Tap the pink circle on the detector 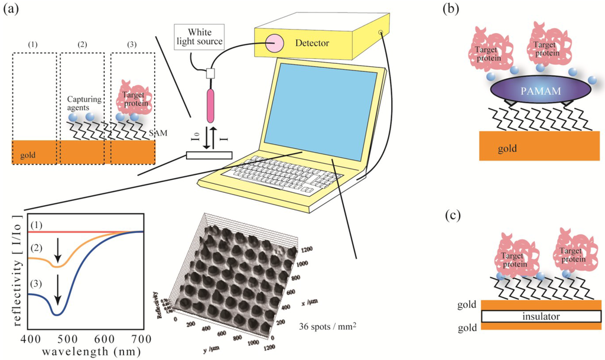click(275, 43)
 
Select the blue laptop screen click(319, 112)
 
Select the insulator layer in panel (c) click(541, 317)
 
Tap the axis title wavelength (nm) click(83, 351)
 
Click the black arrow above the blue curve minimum click(57, 293)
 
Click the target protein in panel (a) click(134, 98)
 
